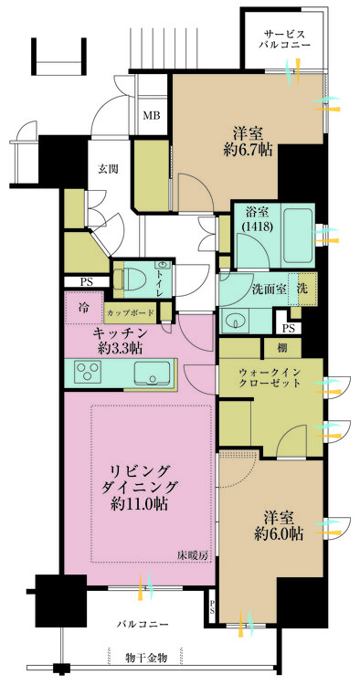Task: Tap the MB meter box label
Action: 153,116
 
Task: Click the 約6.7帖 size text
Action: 248,151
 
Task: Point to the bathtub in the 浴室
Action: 298,234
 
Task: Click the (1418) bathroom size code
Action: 257,227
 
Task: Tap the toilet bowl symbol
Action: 130,278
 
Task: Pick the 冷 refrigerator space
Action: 84,308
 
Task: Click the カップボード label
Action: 130,312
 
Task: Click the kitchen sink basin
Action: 152,374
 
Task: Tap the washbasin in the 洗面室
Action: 236,322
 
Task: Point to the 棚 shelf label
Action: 281,348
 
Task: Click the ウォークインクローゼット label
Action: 270,378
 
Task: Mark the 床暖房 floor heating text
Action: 192,555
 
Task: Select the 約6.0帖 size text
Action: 278,533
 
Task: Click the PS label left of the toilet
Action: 86,282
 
